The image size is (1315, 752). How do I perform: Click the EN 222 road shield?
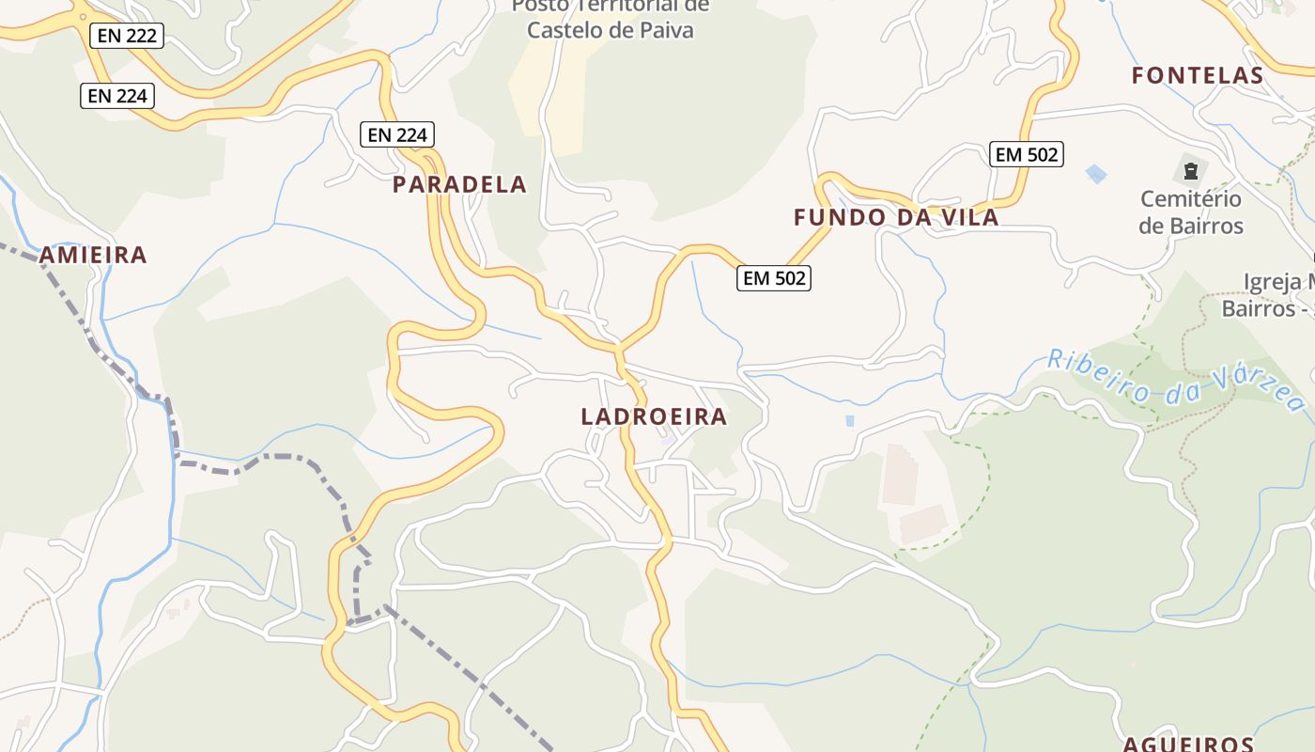click(128, 37)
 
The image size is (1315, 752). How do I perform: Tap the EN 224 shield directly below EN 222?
click(117, 95)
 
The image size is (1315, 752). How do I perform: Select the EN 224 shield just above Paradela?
click(398, 134)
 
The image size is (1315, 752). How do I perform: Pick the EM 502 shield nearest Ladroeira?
click(774, 277)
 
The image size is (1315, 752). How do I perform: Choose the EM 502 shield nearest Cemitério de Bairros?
click(1027, 154)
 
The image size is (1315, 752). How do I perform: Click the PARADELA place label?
click(459, 184)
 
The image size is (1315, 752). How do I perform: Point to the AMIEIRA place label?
click(93, 255)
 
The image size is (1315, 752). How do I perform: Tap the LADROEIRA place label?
click(654, 416)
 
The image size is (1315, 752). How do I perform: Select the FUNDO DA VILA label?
click(896, 217)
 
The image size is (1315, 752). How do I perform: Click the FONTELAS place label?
click(1198, 75)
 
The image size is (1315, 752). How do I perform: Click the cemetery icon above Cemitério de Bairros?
click(1191, 171)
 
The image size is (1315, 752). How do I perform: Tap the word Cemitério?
click(1191, 199)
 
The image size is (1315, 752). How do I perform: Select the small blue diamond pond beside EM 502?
click(1095, 173)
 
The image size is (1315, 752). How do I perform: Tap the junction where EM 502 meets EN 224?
click(619, 350)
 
